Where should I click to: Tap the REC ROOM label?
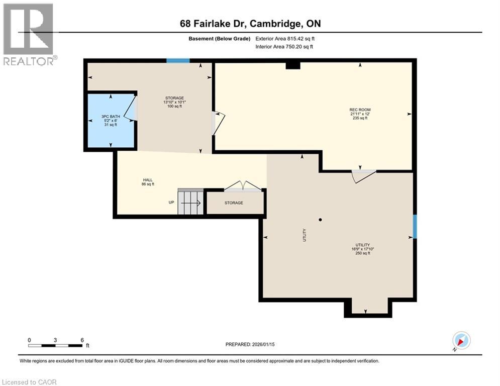(360, 110)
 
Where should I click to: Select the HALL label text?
(147, 179)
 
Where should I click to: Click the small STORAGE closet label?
(234, 203)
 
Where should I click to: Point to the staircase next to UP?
(190, 202)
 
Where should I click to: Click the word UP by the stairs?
(171, 203)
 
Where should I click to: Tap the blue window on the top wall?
(178, 61)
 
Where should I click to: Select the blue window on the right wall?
(415, 226)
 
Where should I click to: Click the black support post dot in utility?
(320, 220)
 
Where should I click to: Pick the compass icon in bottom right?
(461, 341)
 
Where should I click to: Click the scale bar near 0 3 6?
(55, 345)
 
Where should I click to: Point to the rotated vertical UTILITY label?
(305, 235)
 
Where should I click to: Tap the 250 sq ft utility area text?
(362, 253)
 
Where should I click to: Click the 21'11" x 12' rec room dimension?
(360, 114)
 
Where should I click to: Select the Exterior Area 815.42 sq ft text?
(285, 38)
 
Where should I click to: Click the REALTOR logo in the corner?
(29, 34)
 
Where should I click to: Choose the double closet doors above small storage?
(243, 186)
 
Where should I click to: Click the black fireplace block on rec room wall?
(292, 65)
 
